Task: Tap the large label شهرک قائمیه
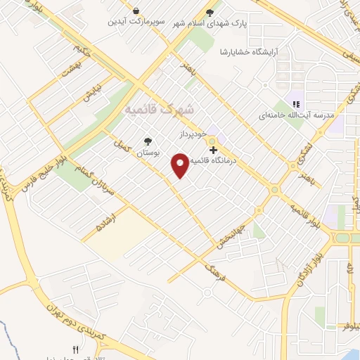click(160, 110)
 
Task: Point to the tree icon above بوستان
click(147, 140)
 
